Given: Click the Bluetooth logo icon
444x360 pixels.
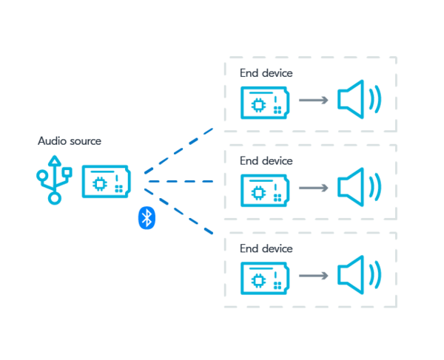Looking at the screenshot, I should click(x=147, y=217).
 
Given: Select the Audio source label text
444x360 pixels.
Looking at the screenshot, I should click(x=69, y=140).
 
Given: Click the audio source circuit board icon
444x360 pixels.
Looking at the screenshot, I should click(x=105, y=181).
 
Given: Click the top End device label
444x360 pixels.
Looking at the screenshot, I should click(x=266, y=73).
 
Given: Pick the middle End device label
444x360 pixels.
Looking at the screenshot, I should click(x=266, y=160).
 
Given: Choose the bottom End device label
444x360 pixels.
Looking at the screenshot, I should click(x=266, y=248).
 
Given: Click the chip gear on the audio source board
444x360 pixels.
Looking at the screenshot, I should click(x=98, y=182).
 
